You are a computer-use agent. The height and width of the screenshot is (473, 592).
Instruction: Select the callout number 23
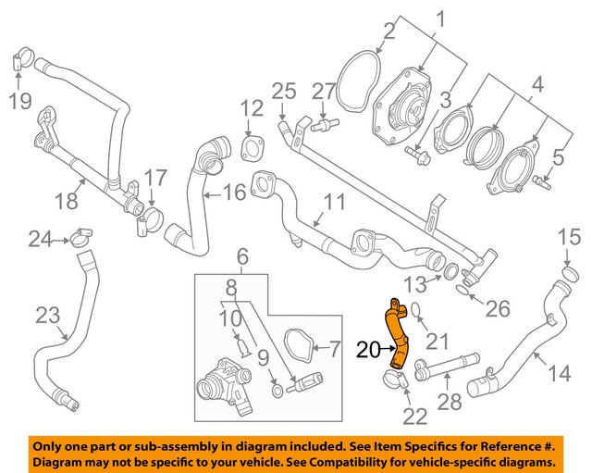point(47,315)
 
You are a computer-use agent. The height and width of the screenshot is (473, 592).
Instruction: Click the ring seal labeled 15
point(566,274)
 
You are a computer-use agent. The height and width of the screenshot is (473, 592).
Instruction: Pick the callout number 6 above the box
point(241,255)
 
